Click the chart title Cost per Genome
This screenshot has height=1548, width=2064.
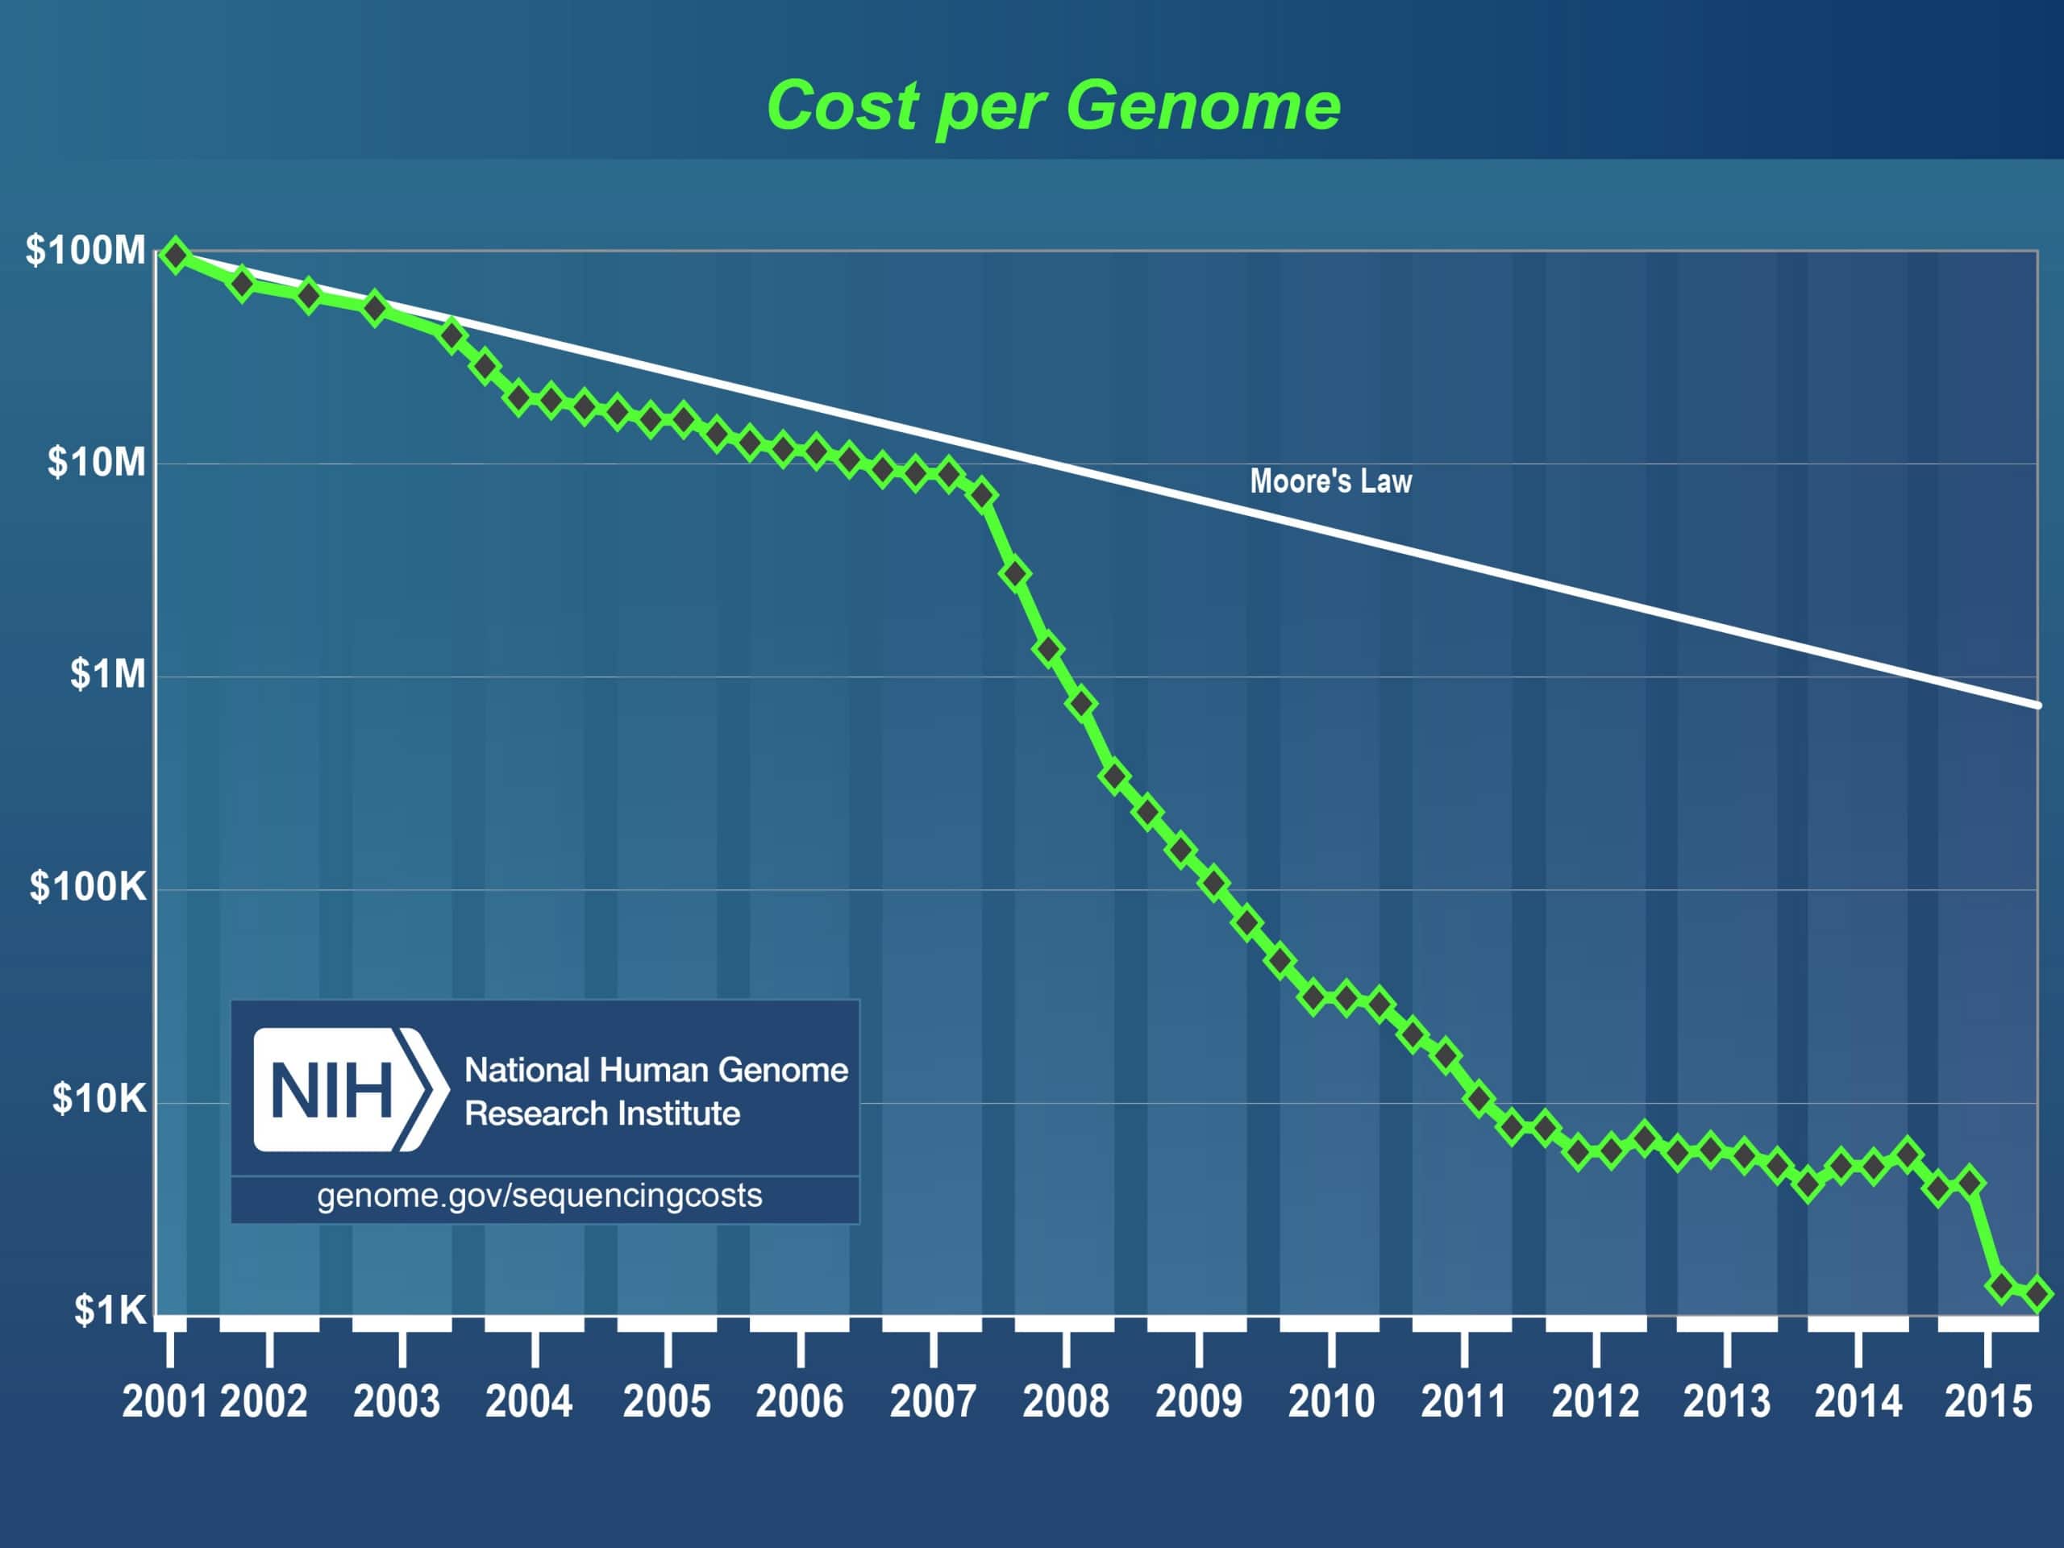click(x=1052, y=106)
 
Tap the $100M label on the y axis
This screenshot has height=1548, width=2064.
click(x=85, y=251)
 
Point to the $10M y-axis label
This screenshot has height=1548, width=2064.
click(x=97, y=463)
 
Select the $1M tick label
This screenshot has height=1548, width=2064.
click(x=108, y=674)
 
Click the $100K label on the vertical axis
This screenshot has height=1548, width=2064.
click(x=89, y=886)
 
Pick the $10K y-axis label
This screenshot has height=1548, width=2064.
click(x=100, y=1099)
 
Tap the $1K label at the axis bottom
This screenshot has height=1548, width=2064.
click(x=111, y=1311)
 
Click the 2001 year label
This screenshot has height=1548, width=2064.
click(x=165, y=1401)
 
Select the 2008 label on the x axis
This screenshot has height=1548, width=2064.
click(x=1066, y=1401)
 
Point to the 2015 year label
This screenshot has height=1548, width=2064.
click(x=1987, y=1401)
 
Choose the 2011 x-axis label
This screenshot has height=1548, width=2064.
click(x=1463, y=1401)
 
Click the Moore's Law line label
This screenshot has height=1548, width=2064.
click(x=1330, y=481)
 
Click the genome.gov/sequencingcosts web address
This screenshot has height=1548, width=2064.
click(x=539, y=1196)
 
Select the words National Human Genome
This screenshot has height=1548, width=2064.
click(x=656, y=1070)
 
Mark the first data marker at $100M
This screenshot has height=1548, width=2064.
click(x=176, y=256)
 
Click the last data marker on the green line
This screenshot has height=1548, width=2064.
click(x=2037, y=1293)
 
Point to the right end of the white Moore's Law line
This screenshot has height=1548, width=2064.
click(x=2037, y=705)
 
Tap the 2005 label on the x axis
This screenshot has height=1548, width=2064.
click(x=666, y=1401)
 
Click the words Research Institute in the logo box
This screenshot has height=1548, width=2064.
click(x=601, y=1114)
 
